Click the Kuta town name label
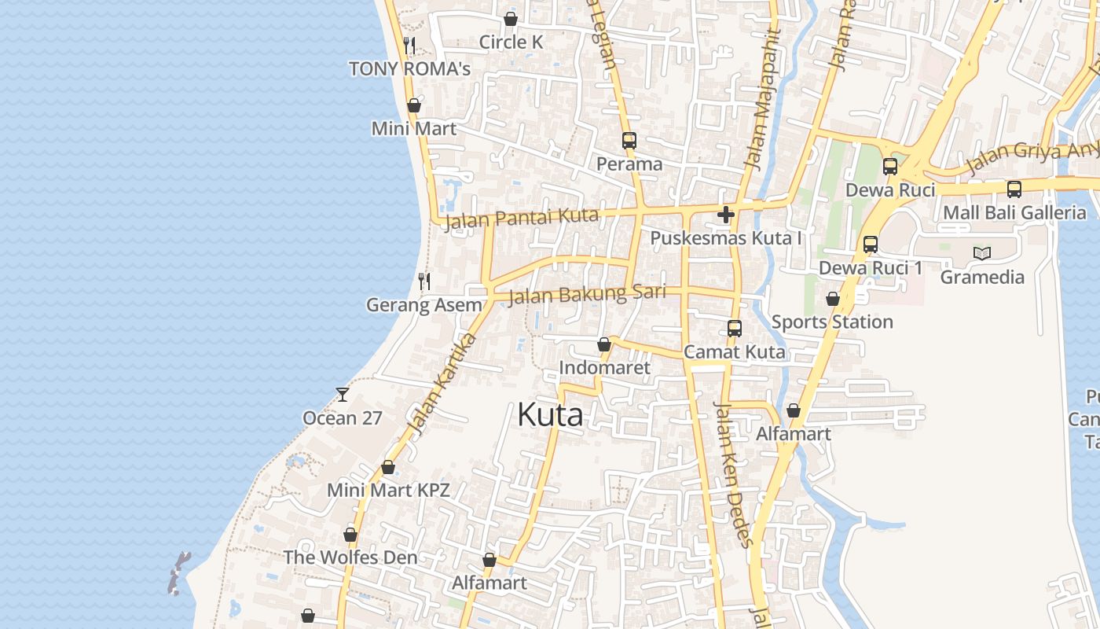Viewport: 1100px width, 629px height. (550, 415)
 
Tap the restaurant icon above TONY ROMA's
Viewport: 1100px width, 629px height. (409, 46)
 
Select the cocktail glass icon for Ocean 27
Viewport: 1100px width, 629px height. (343, 394)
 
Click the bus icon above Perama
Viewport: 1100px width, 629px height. (629, 141)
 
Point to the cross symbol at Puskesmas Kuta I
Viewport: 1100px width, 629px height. (725, 214)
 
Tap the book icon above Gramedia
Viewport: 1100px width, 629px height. (981, 253)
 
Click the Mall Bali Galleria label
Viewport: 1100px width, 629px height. (1014, 212)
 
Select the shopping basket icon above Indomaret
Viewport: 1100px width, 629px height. (604, 344)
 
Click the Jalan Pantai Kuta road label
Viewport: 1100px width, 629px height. (522, 219)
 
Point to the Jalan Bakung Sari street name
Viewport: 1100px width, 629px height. (587, 295)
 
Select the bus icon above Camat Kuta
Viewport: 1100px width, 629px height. (734, 329)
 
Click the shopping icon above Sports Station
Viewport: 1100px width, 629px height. (832, 299)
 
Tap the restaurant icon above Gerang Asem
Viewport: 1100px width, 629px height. (424, 281)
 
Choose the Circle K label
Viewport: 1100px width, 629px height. (511, 42)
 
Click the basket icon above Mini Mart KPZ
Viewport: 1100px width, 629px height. (387, 467)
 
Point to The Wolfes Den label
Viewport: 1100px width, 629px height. (350, 557)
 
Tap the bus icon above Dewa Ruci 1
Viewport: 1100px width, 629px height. (870, 245)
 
